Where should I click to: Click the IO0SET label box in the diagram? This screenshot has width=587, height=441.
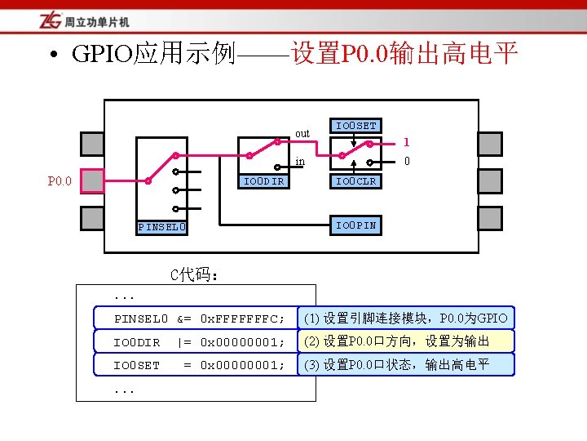356,126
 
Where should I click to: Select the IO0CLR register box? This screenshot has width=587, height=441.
356,181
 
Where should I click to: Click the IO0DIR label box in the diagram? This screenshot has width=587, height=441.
264,181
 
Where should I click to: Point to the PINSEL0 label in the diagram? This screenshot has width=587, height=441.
162,226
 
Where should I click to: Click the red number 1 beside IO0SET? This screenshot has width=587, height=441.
406,141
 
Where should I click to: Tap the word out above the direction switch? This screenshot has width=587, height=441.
302,133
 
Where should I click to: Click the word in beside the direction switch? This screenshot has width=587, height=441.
300,162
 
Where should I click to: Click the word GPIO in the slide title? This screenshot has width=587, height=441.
103,55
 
